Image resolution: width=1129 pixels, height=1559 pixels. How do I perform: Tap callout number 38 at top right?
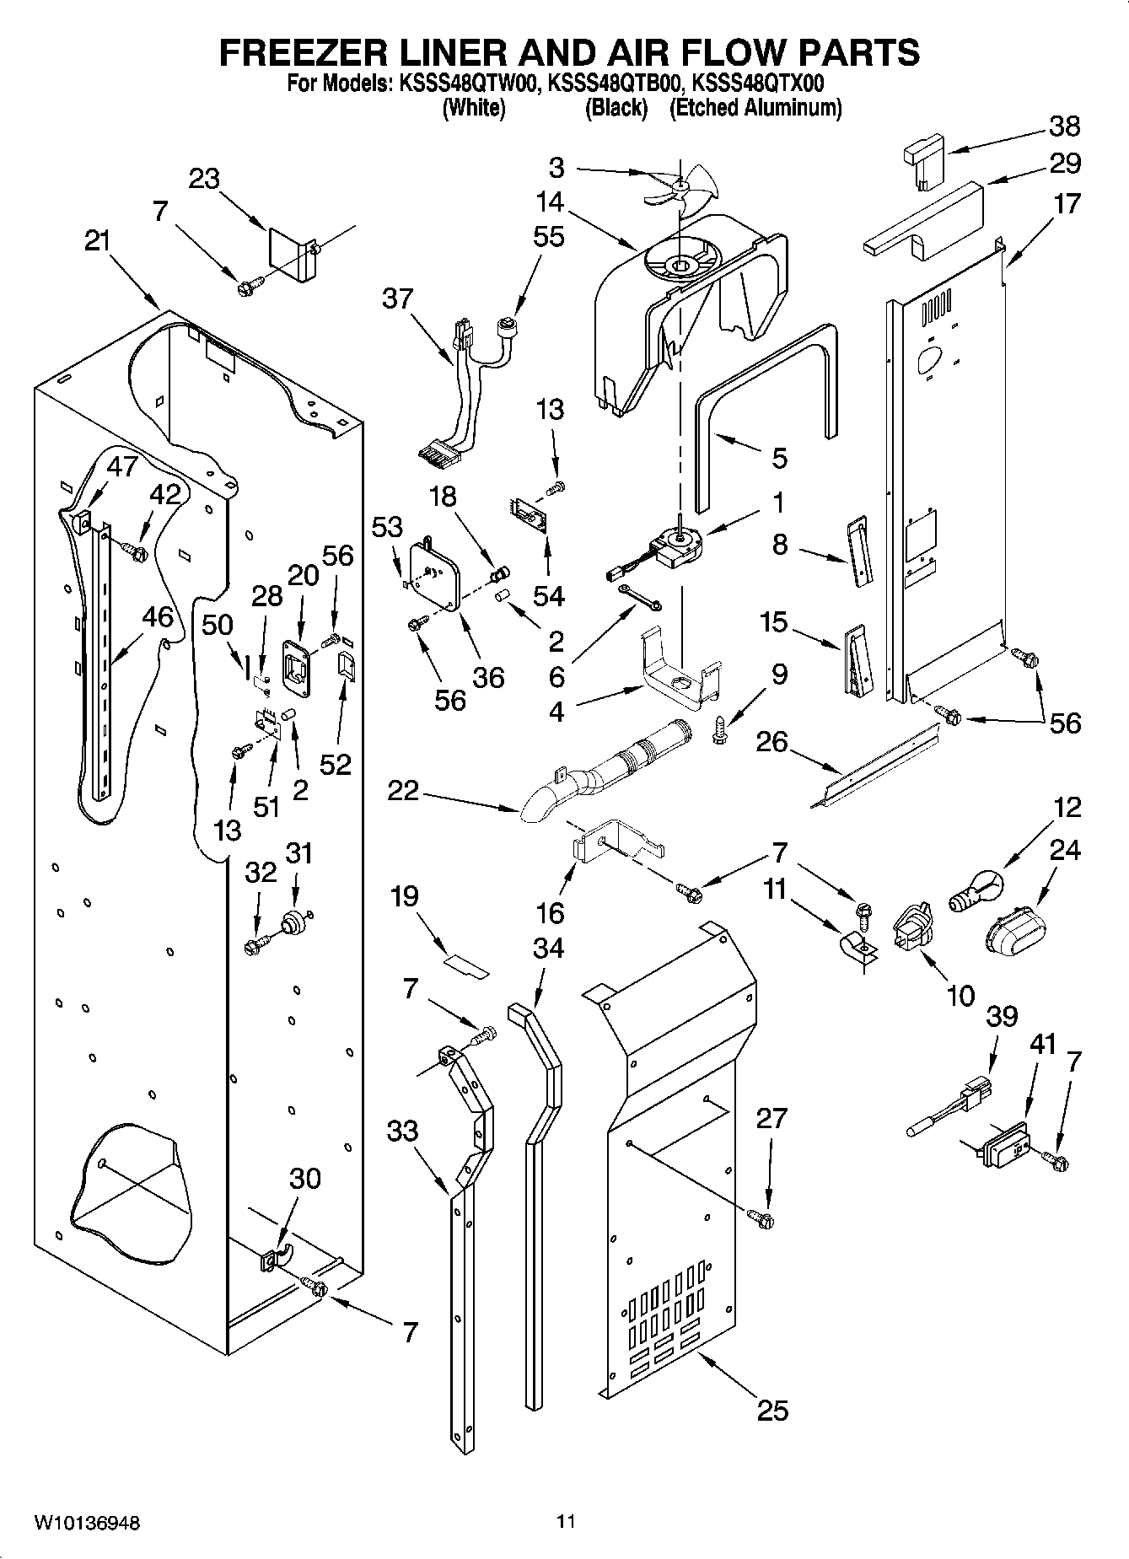pyautogui.click(x=1064, y=126)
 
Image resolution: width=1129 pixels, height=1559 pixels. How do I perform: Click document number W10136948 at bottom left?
pyautogui.click(x=87, y=1523)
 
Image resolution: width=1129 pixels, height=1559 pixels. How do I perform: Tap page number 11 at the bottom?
pyautogui.click(x=565, y=1522)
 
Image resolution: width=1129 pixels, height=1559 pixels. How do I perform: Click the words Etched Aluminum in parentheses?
pyautogui.click(x=755, y=108)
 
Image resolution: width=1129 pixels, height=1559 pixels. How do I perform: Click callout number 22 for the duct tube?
pyautogui.click(x=403, y=792)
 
